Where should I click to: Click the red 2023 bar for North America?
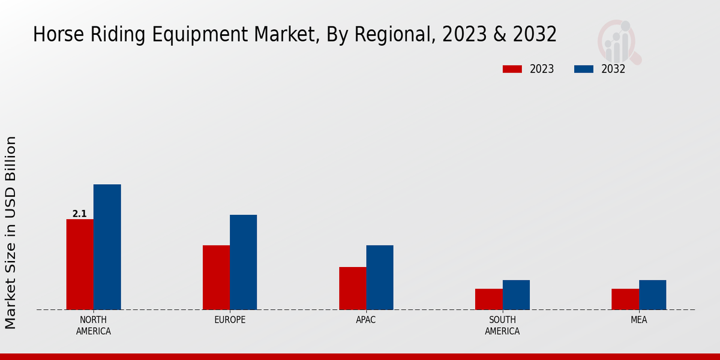[x=80, y=265]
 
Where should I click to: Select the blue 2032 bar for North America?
[x=107, y=247]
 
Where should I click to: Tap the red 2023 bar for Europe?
[x=216, y=277]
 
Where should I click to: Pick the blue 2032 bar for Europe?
[x=243, y=262]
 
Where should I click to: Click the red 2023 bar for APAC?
[x=352, y=288]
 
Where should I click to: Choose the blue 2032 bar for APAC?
[x=380, y=277]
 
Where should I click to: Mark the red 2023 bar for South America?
[x=489, y=299]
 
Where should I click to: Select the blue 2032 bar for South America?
[x=516, y=295]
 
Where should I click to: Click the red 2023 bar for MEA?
[x=625, y=299]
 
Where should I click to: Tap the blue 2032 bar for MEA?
[x=652, y=295]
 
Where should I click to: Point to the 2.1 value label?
[x=80, y=214]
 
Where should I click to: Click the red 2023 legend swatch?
[x=512, y=69]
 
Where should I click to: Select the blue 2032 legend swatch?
[x=584, y=69]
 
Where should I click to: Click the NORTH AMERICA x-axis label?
[x=94, y=325]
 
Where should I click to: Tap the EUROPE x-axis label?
[x=230, y=320]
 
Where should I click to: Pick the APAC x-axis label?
[x=366, y=320]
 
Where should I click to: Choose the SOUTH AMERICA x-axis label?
[x=502, y=325]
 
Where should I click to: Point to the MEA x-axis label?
[x=639, y=320]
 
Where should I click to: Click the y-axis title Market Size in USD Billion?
[x=11, y=233]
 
